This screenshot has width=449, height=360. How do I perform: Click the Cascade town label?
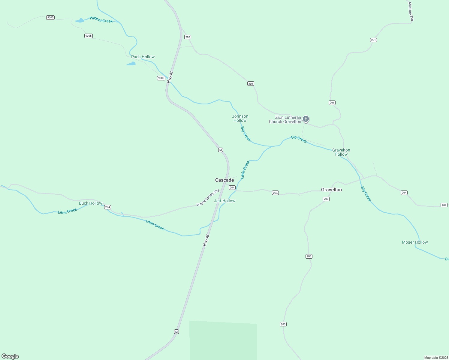pos(224,180)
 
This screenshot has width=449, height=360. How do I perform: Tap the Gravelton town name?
pos(331,190)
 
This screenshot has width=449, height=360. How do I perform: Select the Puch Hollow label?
pos(143,57)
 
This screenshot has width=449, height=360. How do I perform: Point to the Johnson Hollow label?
pos(240,118)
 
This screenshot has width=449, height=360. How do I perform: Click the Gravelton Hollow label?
pos(341,152)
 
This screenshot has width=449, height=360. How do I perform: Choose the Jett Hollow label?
pos(224,201)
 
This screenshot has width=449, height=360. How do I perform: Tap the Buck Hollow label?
pos(91,203)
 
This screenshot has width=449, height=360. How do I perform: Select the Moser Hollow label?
pos(415,242)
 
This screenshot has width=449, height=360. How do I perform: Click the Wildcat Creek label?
pos(101,20)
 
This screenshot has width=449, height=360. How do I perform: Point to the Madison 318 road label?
pos(411,12)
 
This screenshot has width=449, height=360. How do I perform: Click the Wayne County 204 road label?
pos(208,198)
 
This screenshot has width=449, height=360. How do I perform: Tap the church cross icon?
pos(306,119)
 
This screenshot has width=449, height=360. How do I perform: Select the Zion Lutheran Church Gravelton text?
pos(285,119)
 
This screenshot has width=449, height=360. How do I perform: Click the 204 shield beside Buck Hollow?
pos(107,207)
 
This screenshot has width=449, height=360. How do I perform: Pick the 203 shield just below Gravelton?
pos(326,199)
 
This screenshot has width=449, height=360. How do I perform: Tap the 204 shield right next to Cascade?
pos(232,187)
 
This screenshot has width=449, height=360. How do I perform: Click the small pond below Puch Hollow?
pos(131,64)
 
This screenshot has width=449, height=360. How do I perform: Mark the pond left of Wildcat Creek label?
pos(80,21)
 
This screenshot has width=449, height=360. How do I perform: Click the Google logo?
pos(10,356)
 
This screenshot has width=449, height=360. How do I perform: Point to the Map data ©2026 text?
pos(436,358)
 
